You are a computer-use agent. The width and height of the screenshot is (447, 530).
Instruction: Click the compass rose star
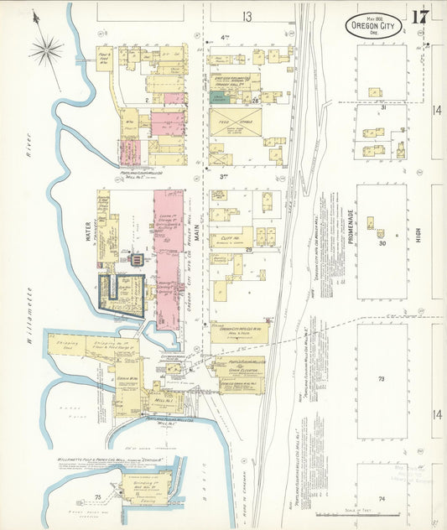[46, 49]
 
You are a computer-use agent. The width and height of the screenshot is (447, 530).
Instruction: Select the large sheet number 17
[420, 16]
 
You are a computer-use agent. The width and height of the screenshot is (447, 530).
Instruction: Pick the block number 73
[382, 379]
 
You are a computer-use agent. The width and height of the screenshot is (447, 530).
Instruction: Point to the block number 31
[382, 107]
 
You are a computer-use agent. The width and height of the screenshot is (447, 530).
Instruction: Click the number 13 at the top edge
[247, 16]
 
